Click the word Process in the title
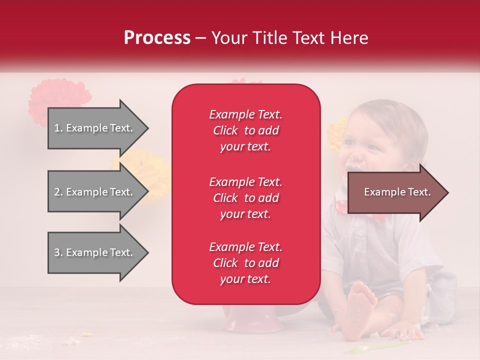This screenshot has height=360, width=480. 157,38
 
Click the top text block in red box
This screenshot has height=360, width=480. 245,130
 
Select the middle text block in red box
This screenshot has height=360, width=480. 245,198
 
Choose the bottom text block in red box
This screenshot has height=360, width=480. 245,263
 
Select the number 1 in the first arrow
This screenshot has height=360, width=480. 57,128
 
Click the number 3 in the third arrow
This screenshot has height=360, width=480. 57,252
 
